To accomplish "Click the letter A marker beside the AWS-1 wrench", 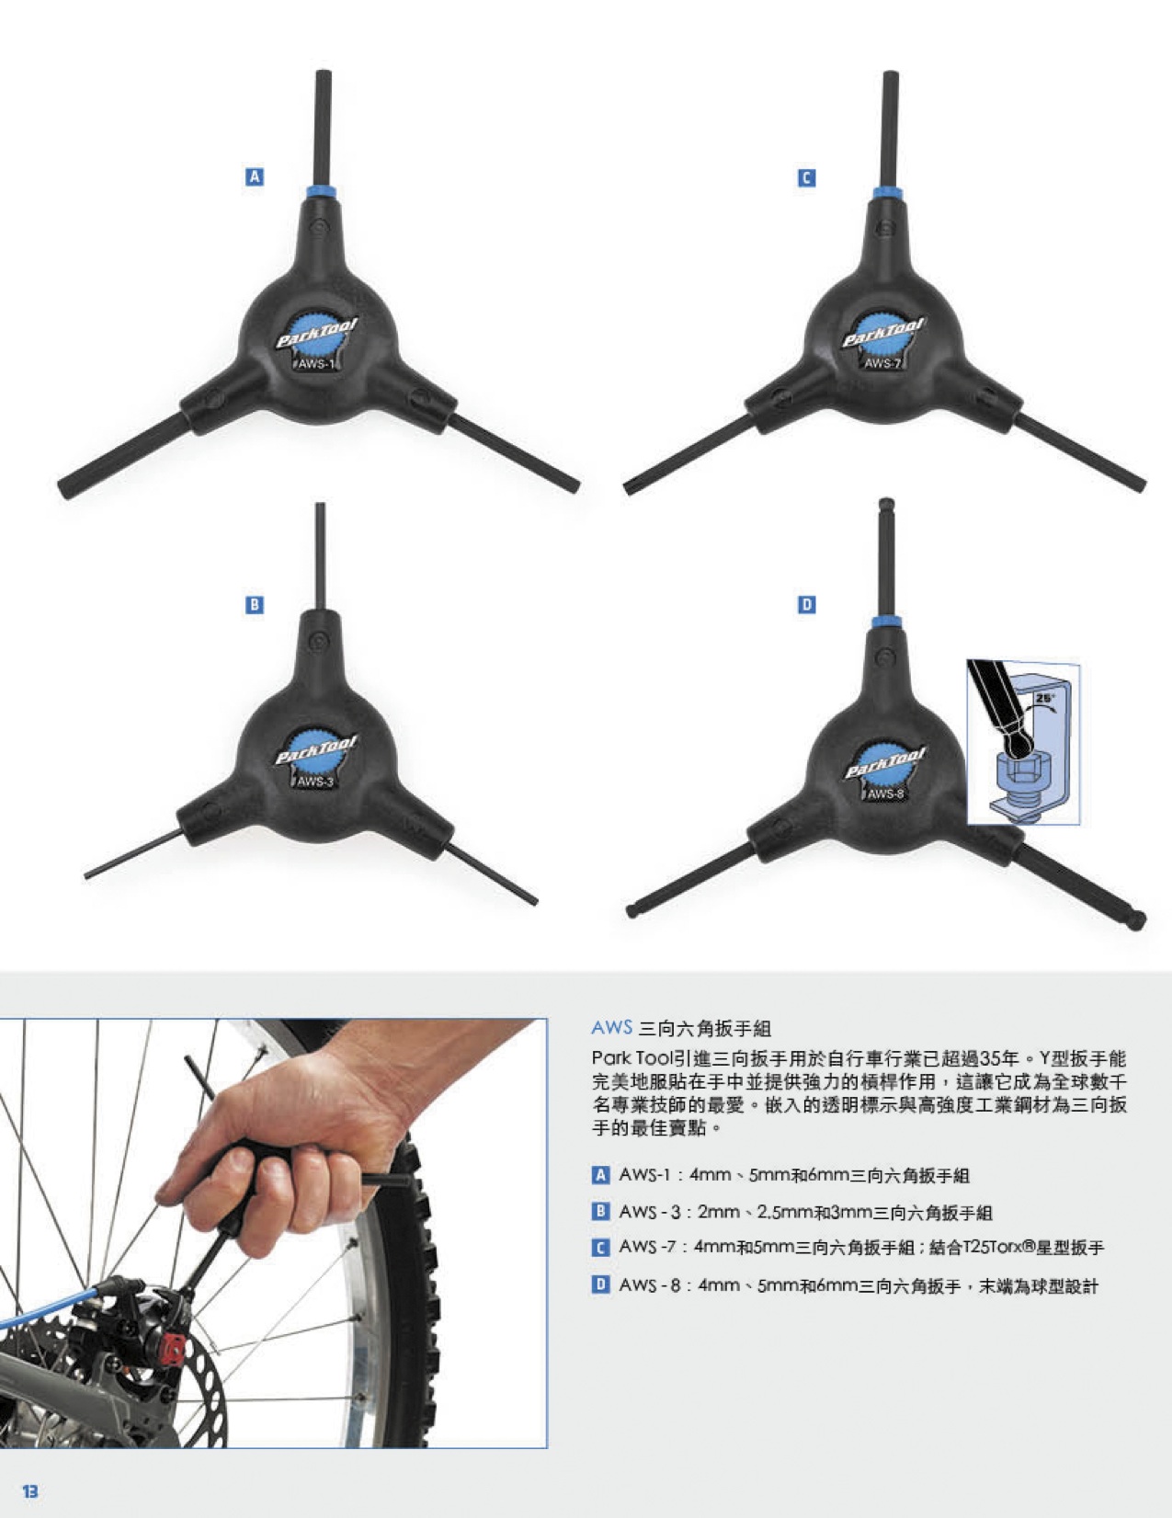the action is point(255,177).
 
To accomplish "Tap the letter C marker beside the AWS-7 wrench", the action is point(807,178).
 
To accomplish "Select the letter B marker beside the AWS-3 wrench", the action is point(255,604).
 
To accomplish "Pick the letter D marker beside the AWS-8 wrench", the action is point(807,604).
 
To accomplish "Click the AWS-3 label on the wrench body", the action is point(315,782).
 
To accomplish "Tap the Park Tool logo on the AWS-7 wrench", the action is point(882,334).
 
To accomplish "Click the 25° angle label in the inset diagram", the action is point(1044,698).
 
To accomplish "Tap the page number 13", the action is point(30,1491).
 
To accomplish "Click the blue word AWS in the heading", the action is point(611,1028).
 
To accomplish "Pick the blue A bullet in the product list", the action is point(600,1175).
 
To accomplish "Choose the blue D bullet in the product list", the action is point(600,1284).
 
